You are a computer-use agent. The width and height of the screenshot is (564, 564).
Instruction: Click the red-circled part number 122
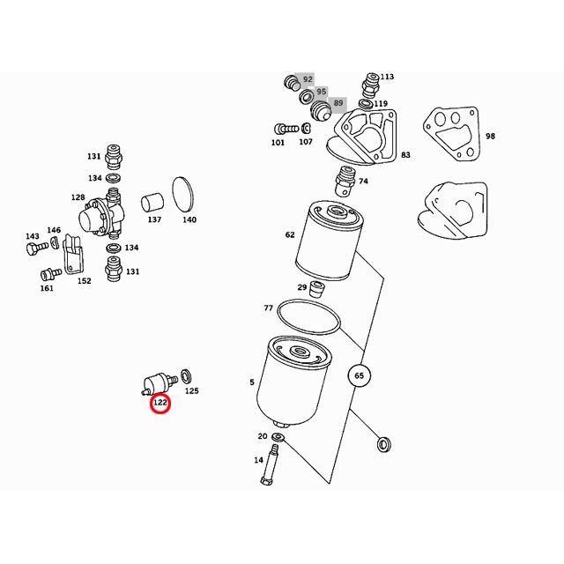click(160, 403)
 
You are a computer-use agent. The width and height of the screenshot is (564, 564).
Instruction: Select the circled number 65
click(359, 375)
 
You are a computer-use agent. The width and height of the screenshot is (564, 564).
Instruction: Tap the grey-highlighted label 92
click(308, 79)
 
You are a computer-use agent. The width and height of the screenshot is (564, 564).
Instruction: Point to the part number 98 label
click(490, 136)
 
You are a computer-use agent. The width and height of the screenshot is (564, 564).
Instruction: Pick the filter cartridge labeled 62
click(330, 241)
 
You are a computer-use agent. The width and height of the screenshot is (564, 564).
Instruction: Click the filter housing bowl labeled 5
click(293, 382)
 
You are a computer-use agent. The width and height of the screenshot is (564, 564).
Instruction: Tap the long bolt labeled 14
click(270, 464)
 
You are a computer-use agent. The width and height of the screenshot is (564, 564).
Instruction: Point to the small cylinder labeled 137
click(152, 203)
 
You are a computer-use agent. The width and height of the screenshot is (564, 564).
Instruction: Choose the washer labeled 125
click(186, 376)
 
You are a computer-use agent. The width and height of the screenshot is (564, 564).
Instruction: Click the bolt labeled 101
click(286, 129)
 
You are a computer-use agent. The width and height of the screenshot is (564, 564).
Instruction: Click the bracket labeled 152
click(72, 255)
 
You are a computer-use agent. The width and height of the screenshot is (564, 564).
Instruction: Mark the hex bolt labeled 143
click(37, 248)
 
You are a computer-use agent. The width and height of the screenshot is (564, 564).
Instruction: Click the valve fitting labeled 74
click(345, 181)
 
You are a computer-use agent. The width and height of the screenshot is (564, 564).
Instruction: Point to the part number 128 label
click(78, 197)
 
